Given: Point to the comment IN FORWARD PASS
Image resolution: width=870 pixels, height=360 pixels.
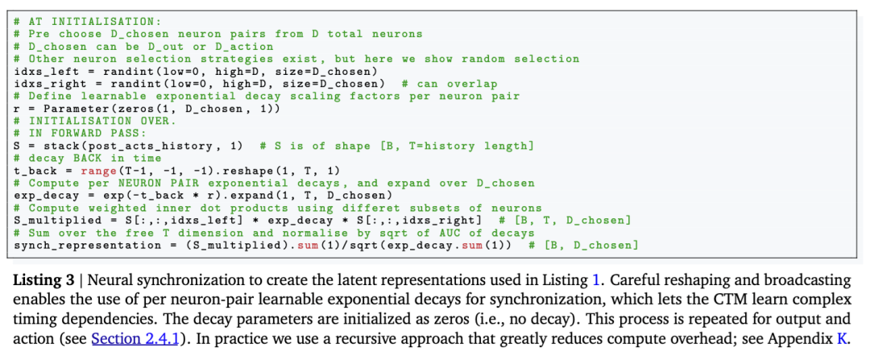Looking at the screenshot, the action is click(77, 132).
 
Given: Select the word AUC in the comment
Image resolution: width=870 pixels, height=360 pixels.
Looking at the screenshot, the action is click(462, 233).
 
